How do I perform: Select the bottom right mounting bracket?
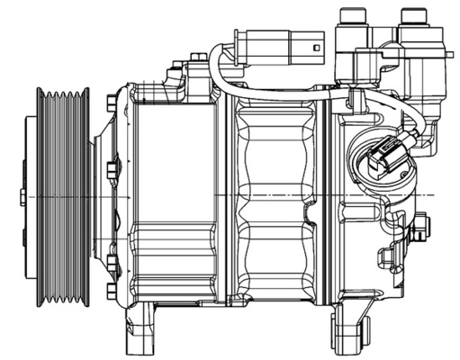click(354, 324)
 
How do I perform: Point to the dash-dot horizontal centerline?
click(270, 195)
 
